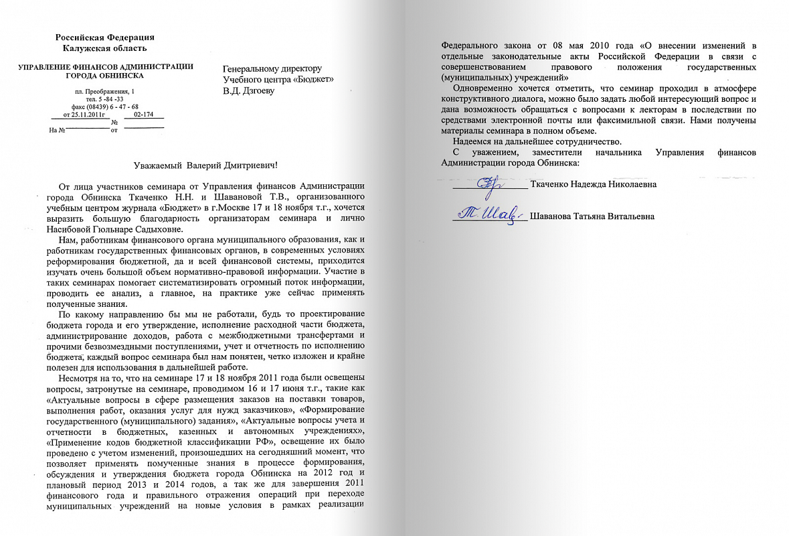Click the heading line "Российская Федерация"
click(x=105, y=37)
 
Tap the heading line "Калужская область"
click(x=105, y=48)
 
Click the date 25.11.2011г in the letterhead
click(x=85, y=115)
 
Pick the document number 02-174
click(x=144, y=115)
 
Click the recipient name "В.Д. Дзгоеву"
click(x=248, y=91)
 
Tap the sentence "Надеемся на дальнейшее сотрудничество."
click(x=537, y=141)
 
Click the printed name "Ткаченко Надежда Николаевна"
click(x=593, y=185)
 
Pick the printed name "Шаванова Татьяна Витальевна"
click(x=592, y=216)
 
